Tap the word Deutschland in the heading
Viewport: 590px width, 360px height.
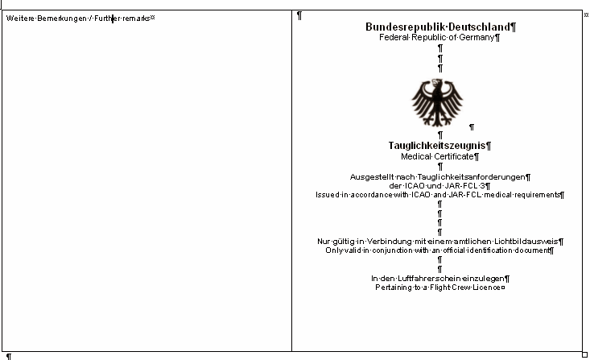[x=479, y=27]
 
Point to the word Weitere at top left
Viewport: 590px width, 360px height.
[x=19, y=18]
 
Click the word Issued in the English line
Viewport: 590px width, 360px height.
[x=328, y=194]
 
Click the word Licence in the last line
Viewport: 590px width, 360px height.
[x=485, y=288]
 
